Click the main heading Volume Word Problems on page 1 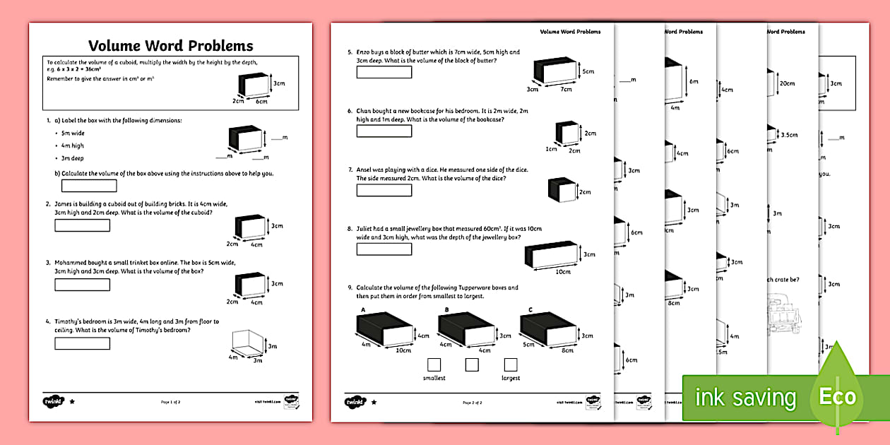170,46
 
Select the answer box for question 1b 89,186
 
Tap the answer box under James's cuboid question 83,225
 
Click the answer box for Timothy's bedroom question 83,343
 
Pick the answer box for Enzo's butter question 384,72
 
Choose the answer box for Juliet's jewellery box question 384,249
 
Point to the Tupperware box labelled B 465,329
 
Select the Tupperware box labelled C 547,329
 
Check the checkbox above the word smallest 434,364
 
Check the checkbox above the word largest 510,364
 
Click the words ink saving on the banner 745,398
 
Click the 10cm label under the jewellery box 563,271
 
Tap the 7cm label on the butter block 566,90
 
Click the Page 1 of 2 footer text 170,402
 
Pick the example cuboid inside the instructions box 255,85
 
